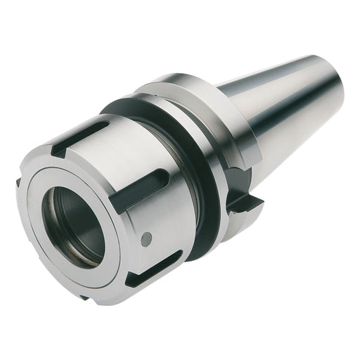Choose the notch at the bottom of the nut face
coord(84,297)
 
